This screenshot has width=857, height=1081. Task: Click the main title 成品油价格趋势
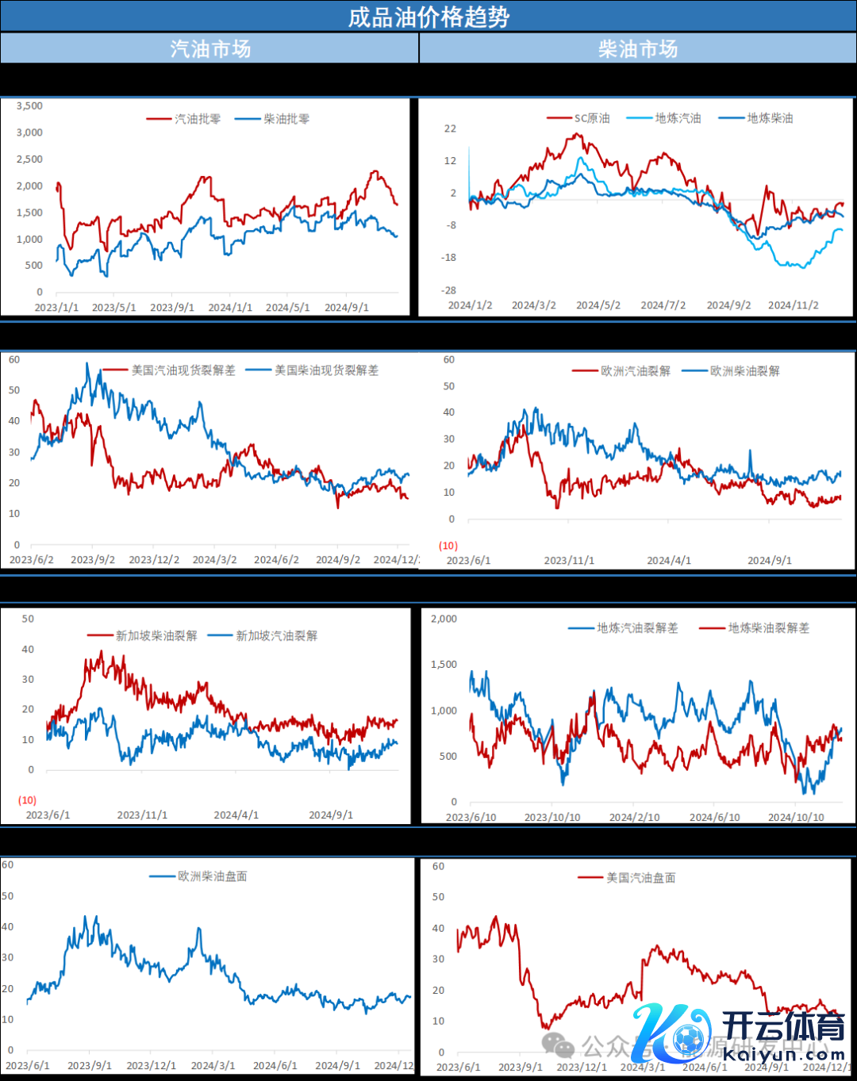point(428,17)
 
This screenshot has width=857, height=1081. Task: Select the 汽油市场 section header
point(210,48)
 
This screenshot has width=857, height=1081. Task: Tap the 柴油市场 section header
point(638,48)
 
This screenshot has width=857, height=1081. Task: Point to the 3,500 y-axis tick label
point(29,105)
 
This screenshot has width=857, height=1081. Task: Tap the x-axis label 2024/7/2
point(663,305)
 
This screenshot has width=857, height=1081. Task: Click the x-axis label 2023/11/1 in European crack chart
point(569,561)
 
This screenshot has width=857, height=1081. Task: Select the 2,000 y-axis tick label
point(444,619)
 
